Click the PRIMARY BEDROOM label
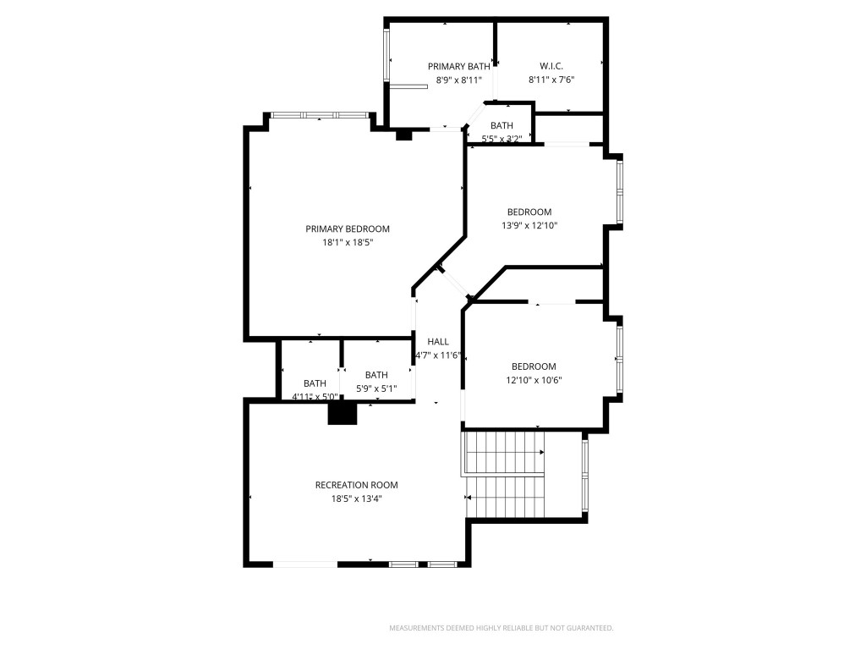[x=348, y=229]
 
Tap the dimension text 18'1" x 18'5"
[x=348, y=242]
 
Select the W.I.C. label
[x=551, y=66]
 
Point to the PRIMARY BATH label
[x=458, y=66]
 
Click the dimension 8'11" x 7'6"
[x=551, y=80]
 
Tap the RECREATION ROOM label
[x=356, y=485]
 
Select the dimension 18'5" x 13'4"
[x=356, y=499]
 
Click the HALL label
[x=438, y=342]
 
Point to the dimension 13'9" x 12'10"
[x=529, y=225]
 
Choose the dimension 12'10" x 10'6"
[x=534, y=380]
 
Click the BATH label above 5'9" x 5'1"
[x=376, y=375]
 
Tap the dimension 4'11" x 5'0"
[x=315, y=396]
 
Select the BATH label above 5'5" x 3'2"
[x=502, y=125]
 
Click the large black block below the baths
[x=343, y=412]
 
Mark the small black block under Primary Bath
[x=404, y=134]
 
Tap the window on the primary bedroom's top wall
[x=319, y=114]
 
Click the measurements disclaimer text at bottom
[x=501, y=628]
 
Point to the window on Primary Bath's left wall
[x=388, y=56]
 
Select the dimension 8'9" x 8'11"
[x=458, y=80]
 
